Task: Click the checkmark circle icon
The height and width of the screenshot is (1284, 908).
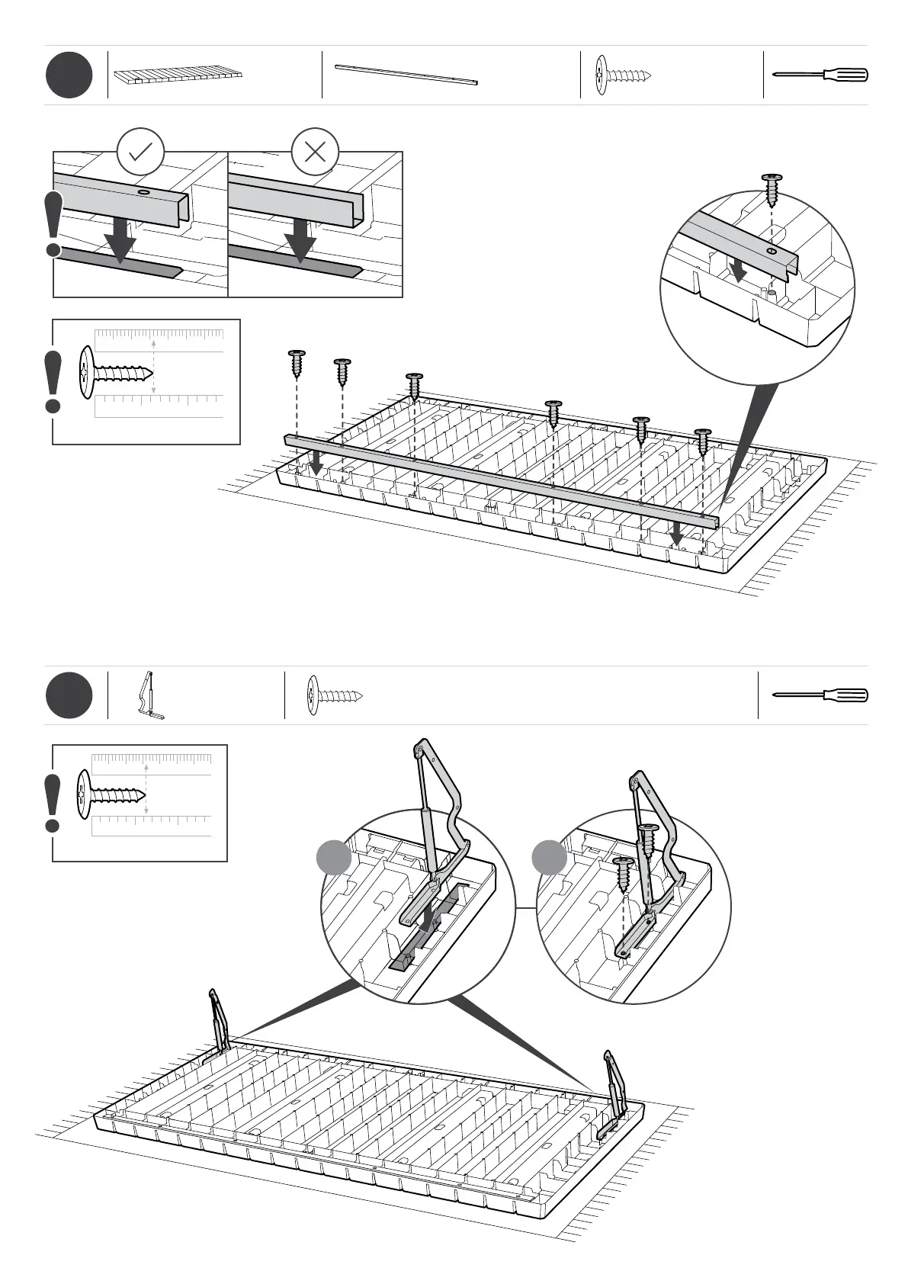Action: pos(141,152)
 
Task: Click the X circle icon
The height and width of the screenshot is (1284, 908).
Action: pos(315,152)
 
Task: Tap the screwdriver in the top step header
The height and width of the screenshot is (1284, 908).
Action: pos(820,75)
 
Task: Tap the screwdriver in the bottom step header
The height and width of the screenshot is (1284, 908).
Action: pos(820,695)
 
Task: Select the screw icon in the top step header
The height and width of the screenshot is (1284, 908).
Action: pos(623,75)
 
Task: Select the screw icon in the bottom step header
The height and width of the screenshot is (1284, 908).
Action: pos(334,695)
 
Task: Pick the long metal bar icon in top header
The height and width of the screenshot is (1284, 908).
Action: pos(408,74)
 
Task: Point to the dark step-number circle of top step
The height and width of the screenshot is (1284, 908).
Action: pos(69,75)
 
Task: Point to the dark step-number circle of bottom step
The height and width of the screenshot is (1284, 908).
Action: pos(69,695)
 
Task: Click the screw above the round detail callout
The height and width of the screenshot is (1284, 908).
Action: pos(772,186)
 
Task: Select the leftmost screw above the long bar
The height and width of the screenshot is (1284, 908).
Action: pos(297,364)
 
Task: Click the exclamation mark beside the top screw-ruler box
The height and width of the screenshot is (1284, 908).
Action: pos(53,381)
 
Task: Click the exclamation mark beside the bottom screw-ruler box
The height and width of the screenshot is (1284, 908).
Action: pos(53,803)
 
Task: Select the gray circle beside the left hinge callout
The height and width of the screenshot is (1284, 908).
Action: pos(334,858)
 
